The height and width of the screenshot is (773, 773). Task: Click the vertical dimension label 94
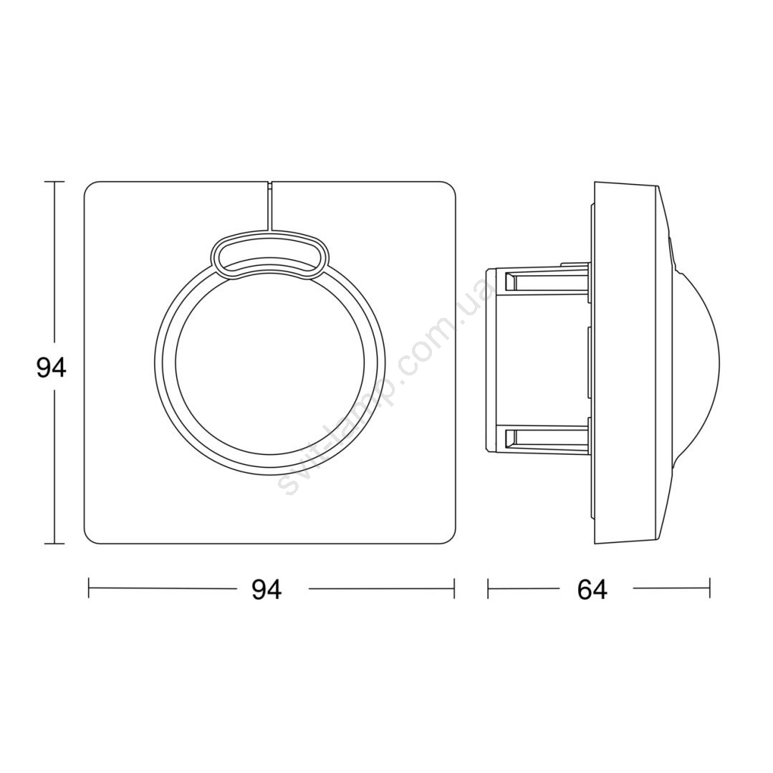point(52,368)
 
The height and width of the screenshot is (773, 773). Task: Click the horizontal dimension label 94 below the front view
point(267,589)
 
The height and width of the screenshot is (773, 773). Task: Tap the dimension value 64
point(592,589)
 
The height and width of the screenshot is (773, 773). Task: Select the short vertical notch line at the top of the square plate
point(270,206)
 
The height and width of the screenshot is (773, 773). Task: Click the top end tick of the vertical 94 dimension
point(54,182)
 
